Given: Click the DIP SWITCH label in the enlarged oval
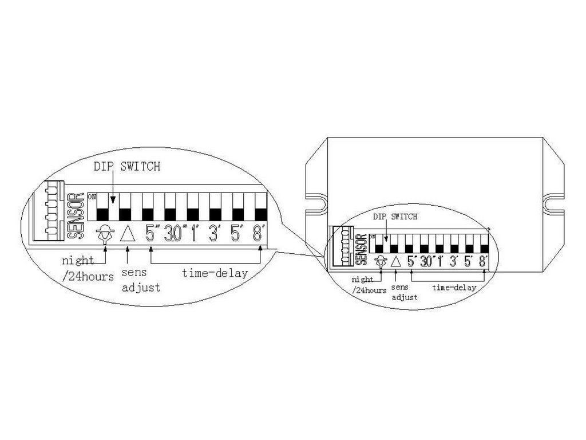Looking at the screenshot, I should [127, 167].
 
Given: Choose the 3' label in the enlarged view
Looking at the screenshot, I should [215, 234].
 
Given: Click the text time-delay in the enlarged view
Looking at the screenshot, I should [215, 273].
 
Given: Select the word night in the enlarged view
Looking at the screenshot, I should [78, 261].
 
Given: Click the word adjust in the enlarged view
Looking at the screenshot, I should [141, 287].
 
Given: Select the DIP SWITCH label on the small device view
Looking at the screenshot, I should [395, 217].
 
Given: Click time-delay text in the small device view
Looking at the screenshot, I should [453, 288].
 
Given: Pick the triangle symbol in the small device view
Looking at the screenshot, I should [394, 262].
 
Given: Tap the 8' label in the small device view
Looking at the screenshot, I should [483, 262].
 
